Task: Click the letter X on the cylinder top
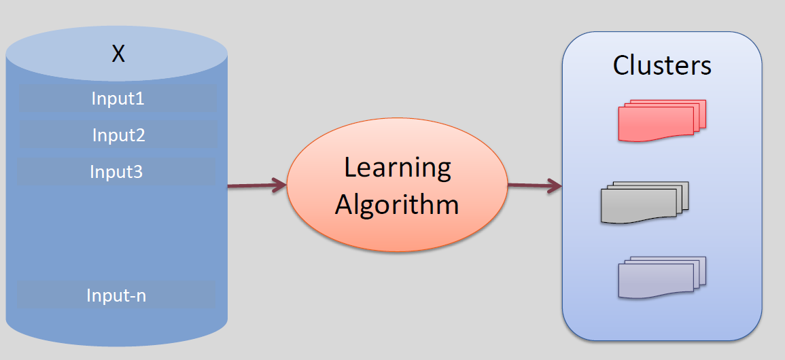point(118,54)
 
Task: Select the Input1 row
point(118,98)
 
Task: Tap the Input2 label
point(119,135)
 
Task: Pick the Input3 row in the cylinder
point(116,172)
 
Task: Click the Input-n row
point(116,295)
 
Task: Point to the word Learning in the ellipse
point(398,168)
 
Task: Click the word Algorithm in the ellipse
point(397,204)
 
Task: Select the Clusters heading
point(662,65)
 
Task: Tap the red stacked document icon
point(661,121)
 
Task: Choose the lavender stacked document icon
point(661,277)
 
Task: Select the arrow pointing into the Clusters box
point(534,185)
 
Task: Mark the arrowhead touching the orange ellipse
point(279,185)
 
